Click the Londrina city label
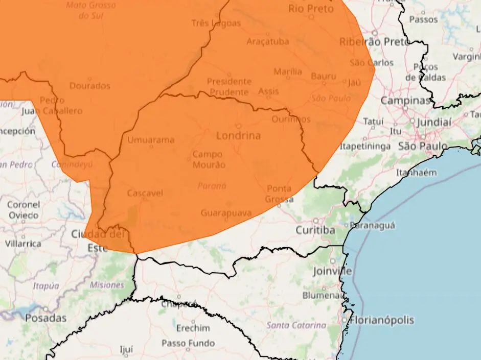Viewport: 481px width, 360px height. (238, 136)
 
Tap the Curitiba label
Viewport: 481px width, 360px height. (315, 230)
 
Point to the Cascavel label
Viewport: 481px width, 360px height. (145, 193)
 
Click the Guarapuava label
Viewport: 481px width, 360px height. (226, 212)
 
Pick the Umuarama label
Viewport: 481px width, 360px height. (151, 139)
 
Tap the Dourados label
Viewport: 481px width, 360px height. (89, 86)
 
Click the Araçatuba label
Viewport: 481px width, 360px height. (267, 41)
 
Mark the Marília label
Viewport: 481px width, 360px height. (288, 71)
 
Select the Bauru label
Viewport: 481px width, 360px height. (324, 77)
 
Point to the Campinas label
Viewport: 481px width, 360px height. (405, 101)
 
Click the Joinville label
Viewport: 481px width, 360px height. (333, 271)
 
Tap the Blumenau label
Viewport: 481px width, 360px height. (322, 295)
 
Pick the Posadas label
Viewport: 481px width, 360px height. (46, 318)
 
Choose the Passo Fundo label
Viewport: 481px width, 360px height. (188, 343)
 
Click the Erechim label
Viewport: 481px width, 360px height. (193, 328)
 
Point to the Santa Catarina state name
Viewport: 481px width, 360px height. (296, 325)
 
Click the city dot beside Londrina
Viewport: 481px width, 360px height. (238, 126)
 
